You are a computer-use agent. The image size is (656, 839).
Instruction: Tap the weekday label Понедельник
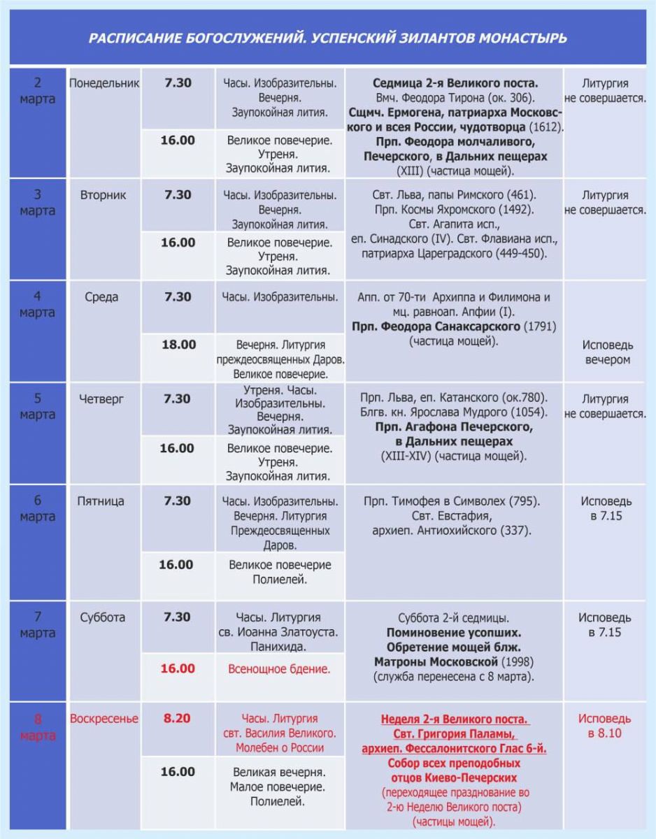104,83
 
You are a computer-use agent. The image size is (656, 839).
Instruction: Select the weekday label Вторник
104,195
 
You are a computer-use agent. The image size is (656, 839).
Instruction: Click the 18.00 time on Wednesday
178,344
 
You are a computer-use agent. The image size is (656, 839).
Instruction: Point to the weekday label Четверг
104,399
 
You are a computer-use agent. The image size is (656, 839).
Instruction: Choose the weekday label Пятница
104,501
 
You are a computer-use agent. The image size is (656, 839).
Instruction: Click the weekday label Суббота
104,617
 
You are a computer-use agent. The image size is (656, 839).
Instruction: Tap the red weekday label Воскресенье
104,719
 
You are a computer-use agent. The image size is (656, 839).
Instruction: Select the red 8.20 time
178,718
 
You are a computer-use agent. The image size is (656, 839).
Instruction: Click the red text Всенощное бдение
279,669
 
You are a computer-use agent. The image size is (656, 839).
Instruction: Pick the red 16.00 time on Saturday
178,668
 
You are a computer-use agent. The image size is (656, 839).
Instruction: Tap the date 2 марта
37,91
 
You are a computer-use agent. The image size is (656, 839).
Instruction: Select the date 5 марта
37,406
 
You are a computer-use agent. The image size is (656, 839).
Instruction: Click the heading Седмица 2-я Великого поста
455,83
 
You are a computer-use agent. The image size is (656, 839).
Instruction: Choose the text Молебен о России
279,748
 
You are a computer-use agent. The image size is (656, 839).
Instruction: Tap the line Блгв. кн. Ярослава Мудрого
454,412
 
